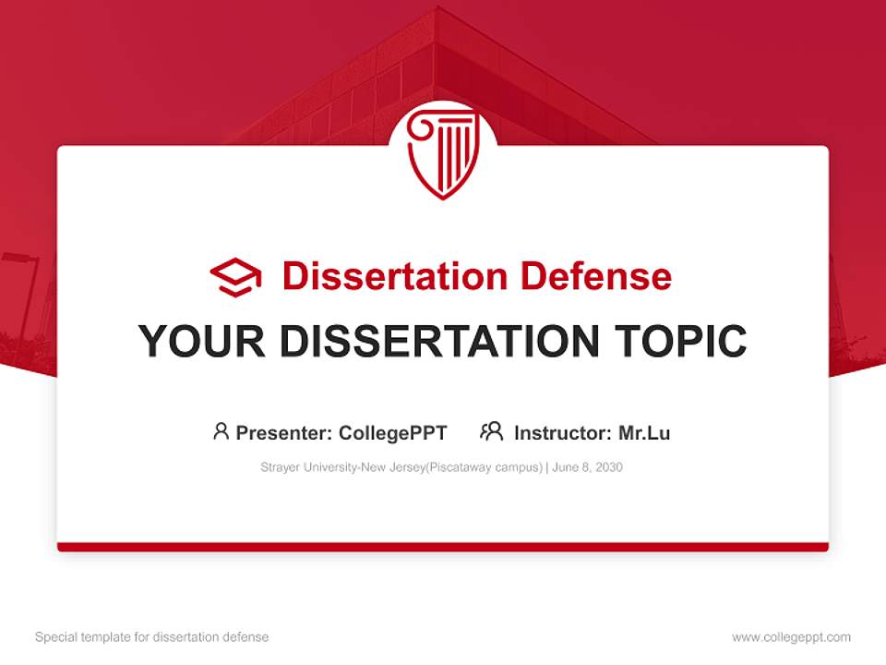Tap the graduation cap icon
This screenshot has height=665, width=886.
[235, 277]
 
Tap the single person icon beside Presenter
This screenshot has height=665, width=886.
[221, 431]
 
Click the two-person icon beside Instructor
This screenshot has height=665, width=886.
[491, 431]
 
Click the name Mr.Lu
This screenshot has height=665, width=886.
[643, 433]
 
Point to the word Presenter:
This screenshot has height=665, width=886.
[284, 433]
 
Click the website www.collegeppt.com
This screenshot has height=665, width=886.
[791, 637]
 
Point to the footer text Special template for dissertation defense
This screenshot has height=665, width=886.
[152, 637]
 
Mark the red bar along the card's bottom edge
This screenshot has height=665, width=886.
[443, 547]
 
